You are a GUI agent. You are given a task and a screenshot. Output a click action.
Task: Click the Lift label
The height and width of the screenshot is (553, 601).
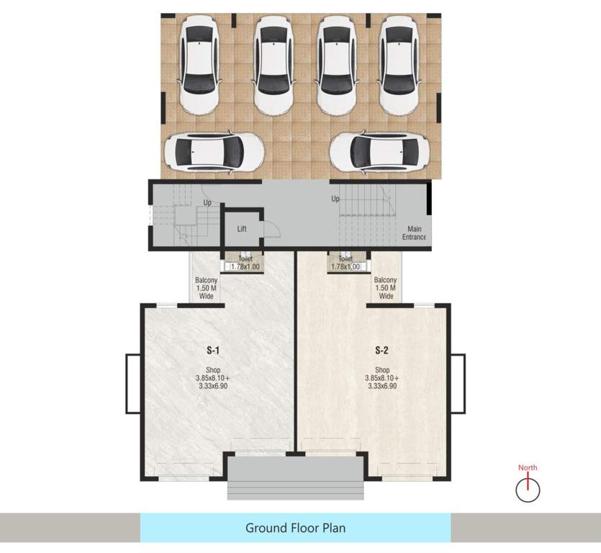[243, 229]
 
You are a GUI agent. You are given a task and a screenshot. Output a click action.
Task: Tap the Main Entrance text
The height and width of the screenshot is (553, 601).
[414, 233]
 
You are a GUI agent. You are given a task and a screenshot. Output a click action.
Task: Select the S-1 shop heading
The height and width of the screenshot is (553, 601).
[212, 351]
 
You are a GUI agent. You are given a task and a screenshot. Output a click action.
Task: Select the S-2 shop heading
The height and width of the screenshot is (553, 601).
[381, 351]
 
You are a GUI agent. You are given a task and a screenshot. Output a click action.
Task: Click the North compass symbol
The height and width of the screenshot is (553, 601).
[528, 490]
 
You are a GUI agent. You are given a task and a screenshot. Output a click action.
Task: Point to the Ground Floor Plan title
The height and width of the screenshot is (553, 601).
[295, 528]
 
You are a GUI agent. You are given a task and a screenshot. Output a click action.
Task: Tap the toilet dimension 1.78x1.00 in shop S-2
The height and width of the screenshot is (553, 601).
[345, 267]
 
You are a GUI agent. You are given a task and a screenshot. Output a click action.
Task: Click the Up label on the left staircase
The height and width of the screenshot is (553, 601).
[207, 202]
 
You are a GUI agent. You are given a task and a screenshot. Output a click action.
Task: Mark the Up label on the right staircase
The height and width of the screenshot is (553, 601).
[335, 199]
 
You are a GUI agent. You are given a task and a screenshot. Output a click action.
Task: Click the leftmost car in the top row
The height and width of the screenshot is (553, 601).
[200, 65]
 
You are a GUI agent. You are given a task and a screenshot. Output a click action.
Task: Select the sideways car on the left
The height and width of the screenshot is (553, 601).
[214, 151]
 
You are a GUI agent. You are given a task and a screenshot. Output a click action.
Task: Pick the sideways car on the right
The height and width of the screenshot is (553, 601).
[379, 151]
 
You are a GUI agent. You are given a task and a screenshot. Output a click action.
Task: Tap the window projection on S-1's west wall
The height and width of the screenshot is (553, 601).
[132, 383]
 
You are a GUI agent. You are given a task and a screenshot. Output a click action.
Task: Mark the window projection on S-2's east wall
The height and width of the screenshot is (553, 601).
[458, 383]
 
